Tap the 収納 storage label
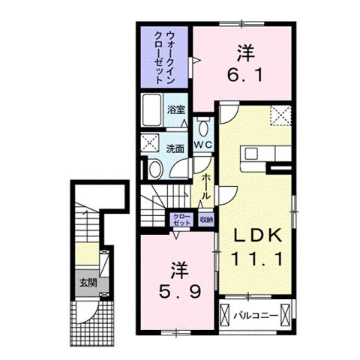(x=206, y=220)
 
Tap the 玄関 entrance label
(x=87, y=283)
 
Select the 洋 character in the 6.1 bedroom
(x=243, y=53)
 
